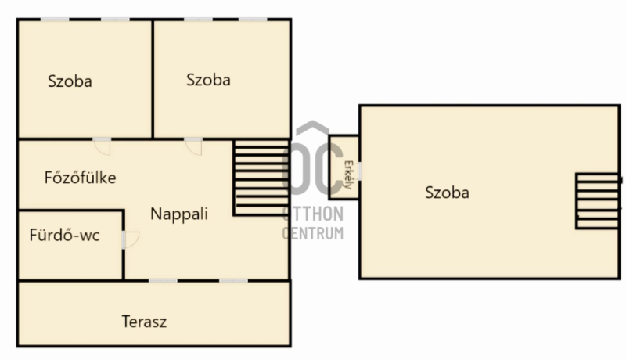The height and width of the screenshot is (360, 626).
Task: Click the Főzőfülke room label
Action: (81, 178)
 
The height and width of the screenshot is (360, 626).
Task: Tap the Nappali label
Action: (179, 214)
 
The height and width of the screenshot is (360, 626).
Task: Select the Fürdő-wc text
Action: (64, 235)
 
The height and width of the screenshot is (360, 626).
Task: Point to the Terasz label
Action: (144, 322)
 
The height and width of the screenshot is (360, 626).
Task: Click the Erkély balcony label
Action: (348, 175)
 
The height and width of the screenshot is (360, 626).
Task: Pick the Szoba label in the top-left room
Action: (70, 81)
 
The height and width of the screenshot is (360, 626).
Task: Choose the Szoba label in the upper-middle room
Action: (208, 80)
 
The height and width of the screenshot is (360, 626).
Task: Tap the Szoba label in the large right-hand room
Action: (447, 193)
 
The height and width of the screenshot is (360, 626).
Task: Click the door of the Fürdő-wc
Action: (130, 239)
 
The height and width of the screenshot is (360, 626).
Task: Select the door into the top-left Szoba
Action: (103, 146)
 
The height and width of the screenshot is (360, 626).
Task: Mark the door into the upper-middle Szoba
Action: (193, 146)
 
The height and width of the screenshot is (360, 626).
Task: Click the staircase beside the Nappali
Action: (261, 178)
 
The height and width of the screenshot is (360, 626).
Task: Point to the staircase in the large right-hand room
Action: (598, 201)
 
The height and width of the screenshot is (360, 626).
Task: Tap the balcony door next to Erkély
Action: (360, 171)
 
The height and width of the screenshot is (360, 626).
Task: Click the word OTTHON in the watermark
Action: (313, 214)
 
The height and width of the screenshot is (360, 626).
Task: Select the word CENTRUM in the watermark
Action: (313, 233)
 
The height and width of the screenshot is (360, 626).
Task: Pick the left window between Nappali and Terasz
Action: (164, 281)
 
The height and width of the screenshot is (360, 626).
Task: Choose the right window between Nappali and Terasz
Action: (233, 281)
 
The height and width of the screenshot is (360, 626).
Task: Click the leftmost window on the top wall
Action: (55, 19)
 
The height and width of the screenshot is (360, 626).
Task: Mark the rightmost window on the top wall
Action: (253, 19)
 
